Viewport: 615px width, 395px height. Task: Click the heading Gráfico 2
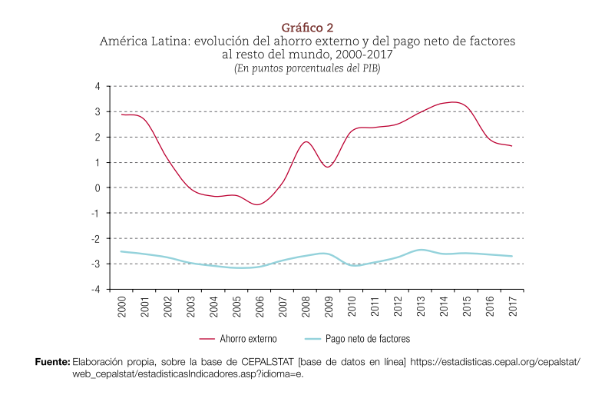[307, 28]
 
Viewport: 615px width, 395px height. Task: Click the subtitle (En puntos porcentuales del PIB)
[307, 68]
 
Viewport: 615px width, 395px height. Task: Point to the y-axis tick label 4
[98, 86]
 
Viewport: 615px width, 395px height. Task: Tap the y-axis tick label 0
[98, 188]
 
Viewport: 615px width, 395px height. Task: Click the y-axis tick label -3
[96, 264]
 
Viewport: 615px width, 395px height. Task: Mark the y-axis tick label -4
[96, 289]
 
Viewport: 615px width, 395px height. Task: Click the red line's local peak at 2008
[306, 141]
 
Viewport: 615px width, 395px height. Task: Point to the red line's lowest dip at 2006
[259, 204]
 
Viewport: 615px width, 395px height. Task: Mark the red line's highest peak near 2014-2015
[453, 101]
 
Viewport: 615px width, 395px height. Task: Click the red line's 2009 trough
[328, 167]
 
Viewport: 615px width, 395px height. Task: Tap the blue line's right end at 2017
[512, 256]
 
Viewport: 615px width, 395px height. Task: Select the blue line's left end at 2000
[121, 251]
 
